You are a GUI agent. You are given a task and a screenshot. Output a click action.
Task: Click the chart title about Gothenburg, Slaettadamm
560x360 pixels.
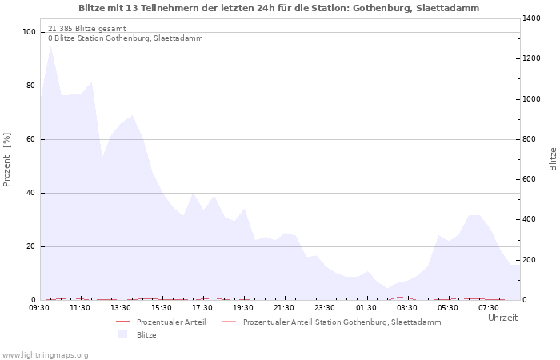click(279, 8)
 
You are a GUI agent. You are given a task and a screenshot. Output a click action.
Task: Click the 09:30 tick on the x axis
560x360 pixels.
click(39, 307)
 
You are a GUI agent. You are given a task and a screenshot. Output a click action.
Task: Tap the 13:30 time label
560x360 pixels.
click(121, 307)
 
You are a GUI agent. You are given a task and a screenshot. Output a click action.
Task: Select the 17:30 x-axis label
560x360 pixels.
click(202, 307)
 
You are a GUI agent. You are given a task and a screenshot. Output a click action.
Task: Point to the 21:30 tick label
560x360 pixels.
click(284, 307)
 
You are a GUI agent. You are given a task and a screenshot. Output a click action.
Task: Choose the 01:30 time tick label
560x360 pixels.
click(366, 307)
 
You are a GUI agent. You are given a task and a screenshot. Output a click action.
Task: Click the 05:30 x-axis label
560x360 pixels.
click(447, 307)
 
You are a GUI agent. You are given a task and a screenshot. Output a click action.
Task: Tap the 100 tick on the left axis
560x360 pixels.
click(29, 32)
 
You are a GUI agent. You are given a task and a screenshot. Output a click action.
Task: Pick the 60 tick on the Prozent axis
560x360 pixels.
click(30, 139)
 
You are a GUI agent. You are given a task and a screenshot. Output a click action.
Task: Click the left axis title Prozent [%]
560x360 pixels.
click(8, 159)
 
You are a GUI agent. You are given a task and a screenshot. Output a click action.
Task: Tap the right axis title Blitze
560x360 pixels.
click(553, 158)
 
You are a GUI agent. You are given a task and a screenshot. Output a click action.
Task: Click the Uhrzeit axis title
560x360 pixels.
click(502, 318)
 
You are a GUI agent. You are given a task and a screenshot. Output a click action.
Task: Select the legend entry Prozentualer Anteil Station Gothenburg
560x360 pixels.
click(342, 322)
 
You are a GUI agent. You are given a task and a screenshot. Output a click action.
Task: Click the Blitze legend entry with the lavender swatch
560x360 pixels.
click(146, 334)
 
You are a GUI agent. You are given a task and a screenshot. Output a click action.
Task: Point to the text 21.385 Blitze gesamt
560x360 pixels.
click(86, 28)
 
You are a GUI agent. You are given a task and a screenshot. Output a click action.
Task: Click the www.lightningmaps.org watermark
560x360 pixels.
click(45, 354)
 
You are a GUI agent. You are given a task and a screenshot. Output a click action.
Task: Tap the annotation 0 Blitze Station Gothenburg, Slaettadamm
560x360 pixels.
click(125, 38)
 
